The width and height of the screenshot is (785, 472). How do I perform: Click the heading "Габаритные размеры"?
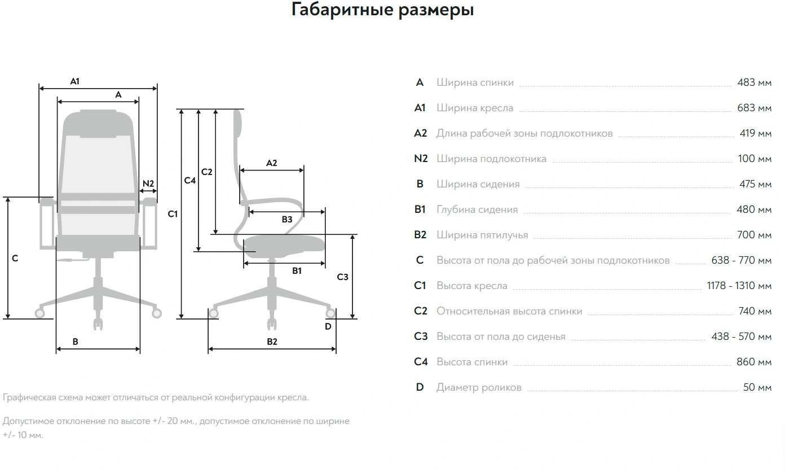pos(382,10)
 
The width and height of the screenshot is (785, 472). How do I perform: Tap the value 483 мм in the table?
pos(754,82)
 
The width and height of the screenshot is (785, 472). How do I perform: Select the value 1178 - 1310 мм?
pos(739,286)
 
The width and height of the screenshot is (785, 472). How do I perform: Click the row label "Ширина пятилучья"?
pos(482,235)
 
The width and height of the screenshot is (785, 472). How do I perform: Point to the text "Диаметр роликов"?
pos(479,387)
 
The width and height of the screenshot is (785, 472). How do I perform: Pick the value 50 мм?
pos(757,387)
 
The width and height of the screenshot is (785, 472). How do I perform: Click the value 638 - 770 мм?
pos(741,260)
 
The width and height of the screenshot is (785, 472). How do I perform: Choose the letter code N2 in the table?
pos(421,159)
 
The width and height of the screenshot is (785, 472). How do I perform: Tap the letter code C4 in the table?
pos(421,362)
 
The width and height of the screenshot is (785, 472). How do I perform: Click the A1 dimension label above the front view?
pos(75,81)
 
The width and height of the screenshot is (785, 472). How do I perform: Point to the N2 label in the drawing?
pos(148,183)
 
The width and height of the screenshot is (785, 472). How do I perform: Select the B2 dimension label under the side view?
pos(272,342)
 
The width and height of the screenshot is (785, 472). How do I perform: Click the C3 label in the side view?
pos(342,277)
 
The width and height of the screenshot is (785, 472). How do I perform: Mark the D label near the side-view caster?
pos(328,326)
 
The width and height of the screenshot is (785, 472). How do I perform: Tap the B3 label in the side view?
pos(287,220)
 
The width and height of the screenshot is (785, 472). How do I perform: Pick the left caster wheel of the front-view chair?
pos(40,313)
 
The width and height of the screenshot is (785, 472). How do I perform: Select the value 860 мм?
pos(754,362)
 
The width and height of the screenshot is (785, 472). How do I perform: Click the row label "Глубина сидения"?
pos(477,209)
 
